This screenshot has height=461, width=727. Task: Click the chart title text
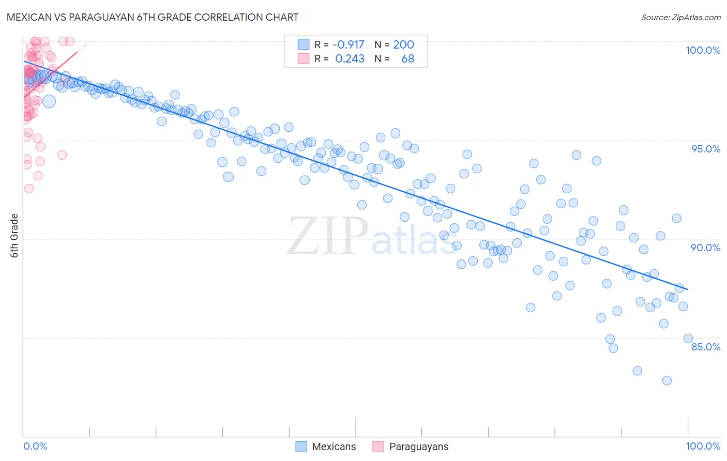[x=153, y=17]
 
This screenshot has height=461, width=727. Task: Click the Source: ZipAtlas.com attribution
[x=680, y=17]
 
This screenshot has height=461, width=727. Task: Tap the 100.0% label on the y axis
[x=703, y=50]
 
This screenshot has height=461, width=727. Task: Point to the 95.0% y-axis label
[x=706, y=149]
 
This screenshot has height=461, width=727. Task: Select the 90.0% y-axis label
[x=705, y=248]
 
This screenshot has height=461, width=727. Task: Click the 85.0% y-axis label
[x=705, y=347]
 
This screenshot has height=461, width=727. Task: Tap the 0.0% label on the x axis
[x=35, y=446]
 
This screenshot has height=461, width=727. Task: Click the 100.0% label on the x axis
[x=703, y=446]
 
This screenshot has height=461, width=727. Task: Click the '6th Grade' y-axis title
[x=14, y=236]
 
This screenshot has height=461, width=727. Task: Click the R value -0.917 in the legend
[x=348, y=44]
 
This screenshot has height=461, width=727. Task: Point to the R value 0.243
[x=350, y=59]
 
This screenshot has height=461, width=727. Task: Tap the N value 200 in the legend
[x=403, y=44]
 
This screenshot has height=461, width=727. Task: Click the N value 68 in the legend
[x=407, y=59]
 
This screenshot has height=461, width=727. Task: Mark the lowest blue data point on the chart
[x=667, y=380]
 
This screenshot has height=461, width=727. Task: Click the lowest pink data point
[x=29, y=189]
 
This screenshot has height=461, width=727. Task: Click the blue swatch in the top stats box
[x=303, y=44]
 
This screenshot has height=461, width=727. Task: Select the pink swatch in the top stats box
[x=303, y=59]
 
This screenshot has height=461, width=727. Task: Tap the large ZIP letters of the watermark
[x=327, y=236]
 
